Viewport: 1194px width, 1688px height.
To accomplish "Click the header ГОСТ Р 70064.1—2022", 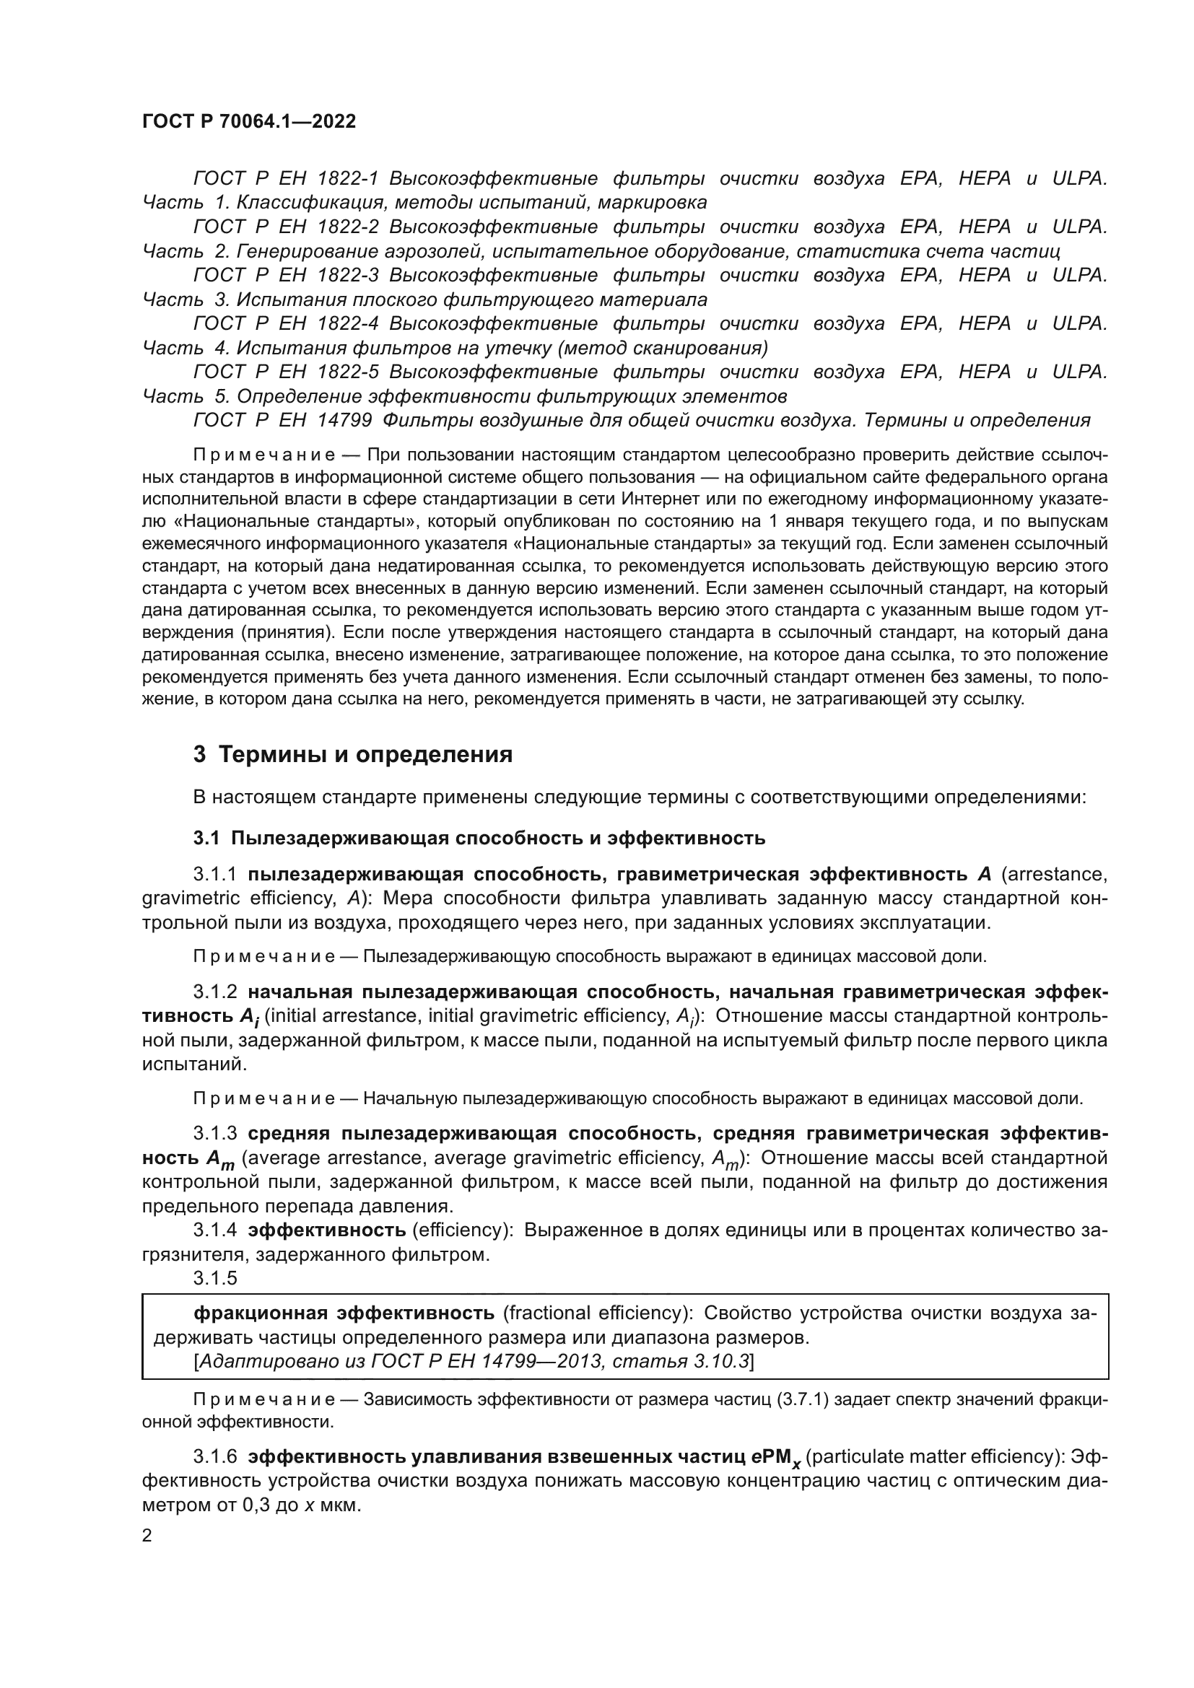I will pyautogui.click(x=248, y=121).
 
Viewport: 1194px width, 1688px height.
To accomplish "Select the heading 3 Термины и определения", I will pyautogui.click(x=353, y=754).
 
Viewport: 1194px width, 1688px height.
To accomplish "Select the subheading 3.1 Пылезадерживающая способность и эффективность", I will pyautogui.click(x=479, y=837).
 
